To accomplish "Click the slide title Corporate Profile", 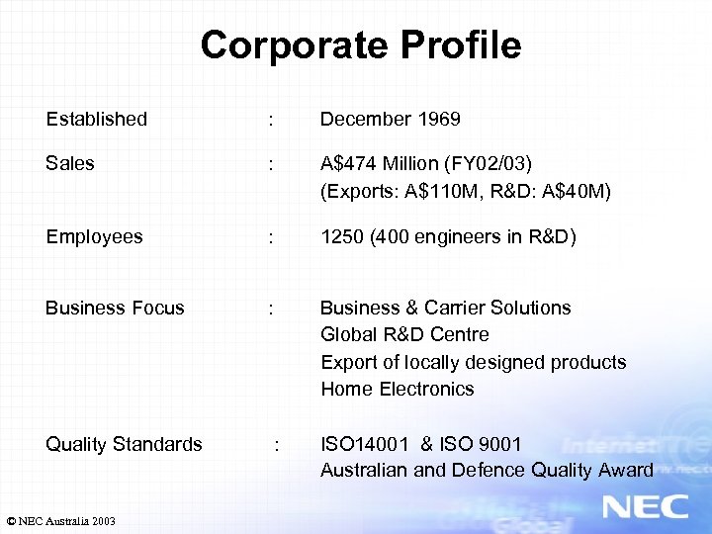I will click(x=360, y=44).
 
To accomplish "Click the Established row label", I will click(x=96, y=119).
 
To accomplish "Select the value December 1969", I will click(x=390, y=119).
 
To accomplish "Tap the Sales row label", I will click(x=70, y=163).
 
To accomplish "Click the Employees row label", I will click(x=94, y=236).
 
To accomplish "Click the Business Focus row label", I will click(x=115, y=308).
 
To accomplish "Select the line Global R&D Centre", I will click(x=404, y=334).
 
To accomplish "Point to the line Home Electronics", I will click(x=397, y=389).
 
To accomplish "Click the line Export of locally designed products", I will click(x=473, y=362).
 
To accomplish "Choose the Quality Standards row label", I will click(x=124, y=444).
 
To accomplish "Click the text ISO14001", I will click(x=363, y=444).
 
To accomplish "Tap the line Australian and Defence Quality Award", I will click(x=487, y=470).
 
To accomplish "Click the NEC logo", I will click(x=645, y=506).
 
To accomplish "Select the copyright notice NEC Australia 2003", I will click(x=60, y=520).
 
